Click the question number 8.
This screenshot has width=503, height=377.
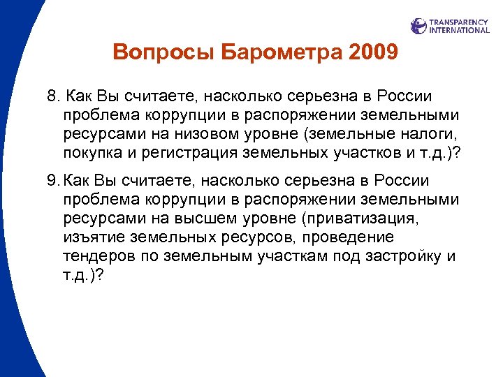coord(52,96)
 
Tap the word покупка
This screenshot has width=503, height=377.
coord(91,154)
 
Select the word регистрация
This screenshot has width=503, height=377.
coord(191,154)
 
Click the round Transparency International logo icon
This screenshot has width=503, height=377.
coord(418,26)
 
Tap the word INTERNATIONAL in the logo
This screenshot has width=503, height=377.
coord(460,30)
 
